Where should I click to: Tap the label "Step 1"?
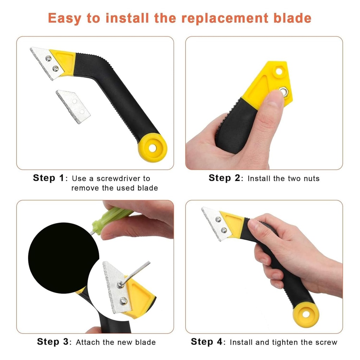[49, 178]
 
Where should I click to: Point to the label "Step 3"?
[53, 341]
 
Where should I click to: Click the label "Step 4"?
[207, 341]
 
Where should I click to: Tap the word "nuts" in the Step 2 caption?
[311, 179]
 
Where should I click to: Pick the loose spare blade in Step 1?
[73, 106]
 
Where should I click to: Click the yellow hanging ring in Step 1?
[152, 148]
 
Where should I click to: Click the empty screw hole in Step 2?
[279, 71]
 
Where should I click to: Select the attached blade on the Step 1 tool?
[44, 62]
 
